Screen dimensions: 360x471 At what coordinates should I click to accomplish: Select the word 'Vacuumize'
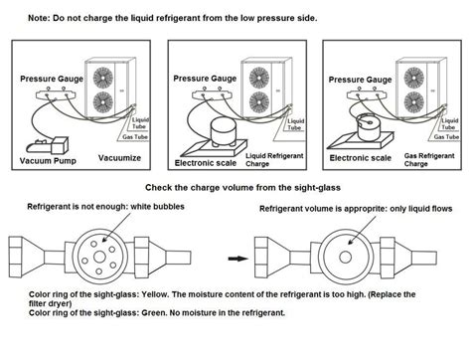pos(118,158)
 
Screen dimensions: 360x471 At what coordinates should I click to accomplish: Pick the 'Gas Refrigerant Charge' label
pos(424,159)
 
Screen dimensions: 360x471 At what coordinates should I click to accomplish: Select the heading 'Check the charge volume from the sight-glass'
pos(235,187)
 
